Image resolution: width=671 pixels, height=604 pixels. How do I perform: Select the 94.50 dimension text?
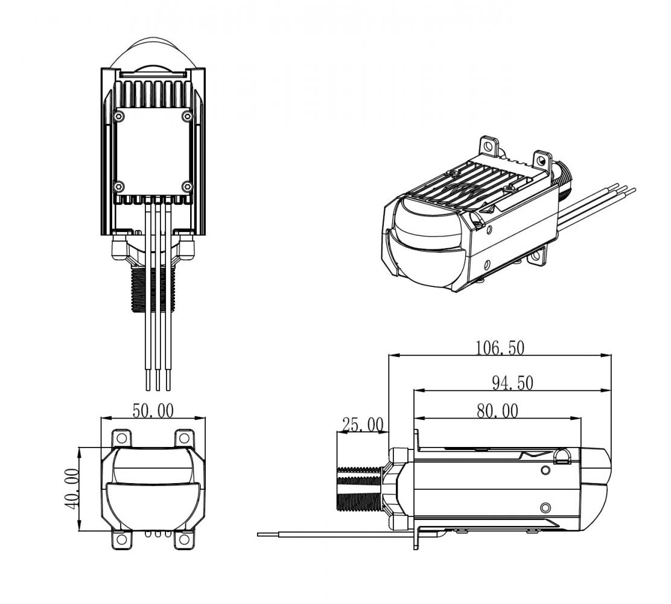coord(512,383)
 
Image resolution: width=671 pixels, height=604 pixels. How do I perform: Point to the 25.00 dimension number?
coord(362,425)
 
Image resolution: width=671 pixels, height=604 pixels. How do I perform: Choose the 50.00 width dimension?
coord(153,411)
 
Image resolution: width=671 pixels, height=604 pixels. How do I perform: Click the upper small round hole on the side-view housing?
coord(545,470)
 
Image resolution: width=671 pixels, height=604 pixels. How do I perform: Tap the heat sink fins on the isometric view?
coord(483,181)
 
